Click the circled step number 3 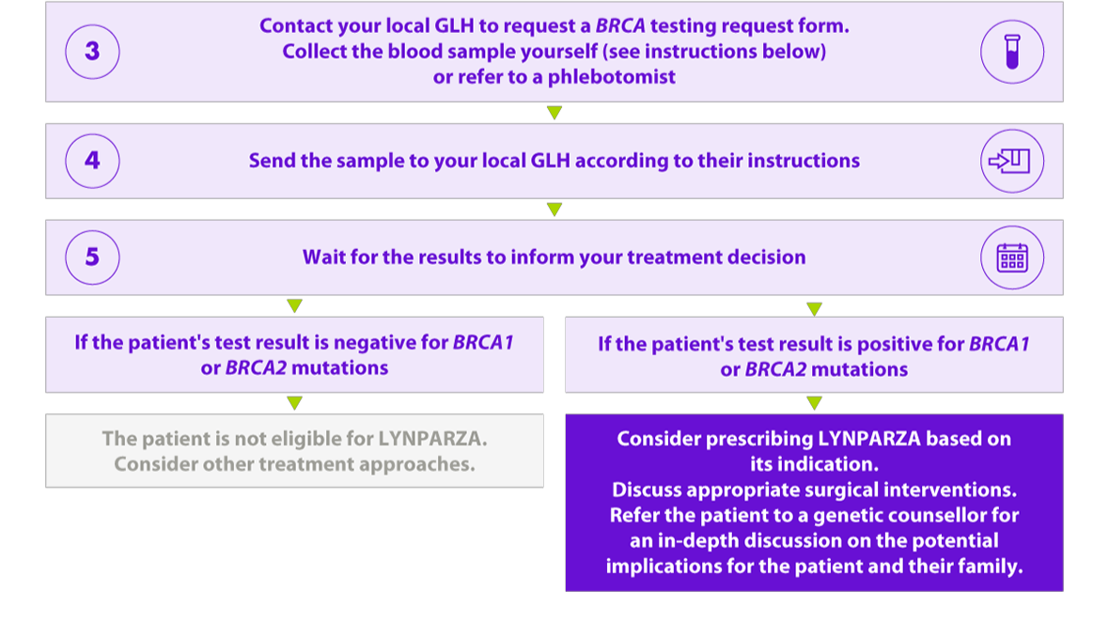point(92,52)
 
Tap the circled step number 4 point(92,161)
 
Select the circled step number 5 point(92,257)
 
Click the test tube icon point(1012,52)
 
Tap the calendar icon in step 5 point(1012,257)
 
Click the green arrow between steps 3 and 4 point(554,113)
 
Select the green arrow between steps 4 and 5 point(554,210)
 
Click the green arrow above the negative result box point(295,305)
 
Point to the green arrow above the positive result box point(814,309)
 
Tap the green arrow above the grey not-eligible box point(295,402)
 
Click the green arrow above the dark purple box point(814,402)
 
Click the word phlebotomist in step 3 point(612,77)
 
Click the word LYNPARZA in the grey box point(432,439)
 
